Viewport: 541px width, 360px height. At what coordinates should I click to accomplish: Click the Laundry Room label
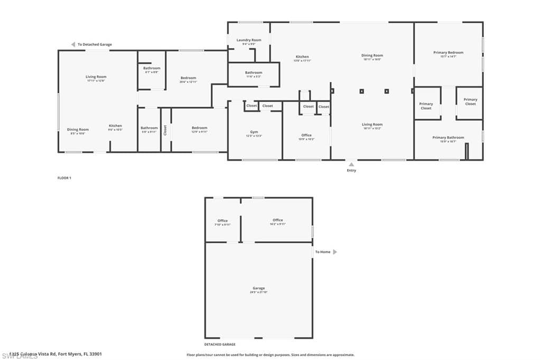[248, 40]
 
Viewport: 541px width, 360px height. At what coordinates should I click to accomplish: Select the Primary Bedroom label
[448, 53]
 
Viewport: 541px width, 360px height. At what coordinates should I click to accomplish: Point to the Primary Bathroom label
[448, 138]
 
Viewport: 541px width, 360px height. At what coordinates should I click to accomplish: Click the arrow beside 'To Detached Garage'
[73, 44]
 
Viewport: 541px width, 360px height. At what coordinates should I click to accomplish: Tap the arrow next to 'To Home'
[334, 252]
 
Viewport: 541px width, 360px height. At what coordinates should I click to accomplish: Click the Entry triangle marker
[351, 164]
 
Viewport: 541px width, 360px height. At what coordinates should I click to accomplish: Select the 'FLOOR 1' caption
[64, 178]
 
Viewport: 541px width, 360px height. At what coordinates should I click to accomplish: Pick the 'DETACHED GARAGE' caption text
[220, 344]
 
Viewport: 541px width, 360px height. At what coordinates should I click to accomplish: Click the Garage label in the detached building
[258, 288]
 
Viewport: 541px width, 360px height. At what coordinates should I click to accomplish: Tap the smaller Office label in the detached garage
[222, 221]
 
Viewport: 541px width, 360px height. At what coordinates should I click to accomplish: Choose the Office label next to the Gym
[306, 135]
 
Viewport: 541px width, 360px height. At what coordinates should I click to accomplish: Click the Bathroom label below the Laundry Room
[254, 73]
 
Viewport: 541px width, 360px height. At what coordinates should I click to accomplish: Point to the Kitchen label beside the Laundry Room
[302, 57]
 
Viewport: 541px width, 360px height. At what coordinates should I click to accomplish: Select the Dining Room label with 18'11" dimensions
[372, 55]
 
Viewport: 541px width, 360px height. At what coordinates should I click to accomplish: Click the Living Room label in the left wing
[96, 77]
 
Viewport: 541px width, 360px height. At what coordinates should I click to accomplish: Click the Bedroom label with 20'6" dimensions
[188, 78]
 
